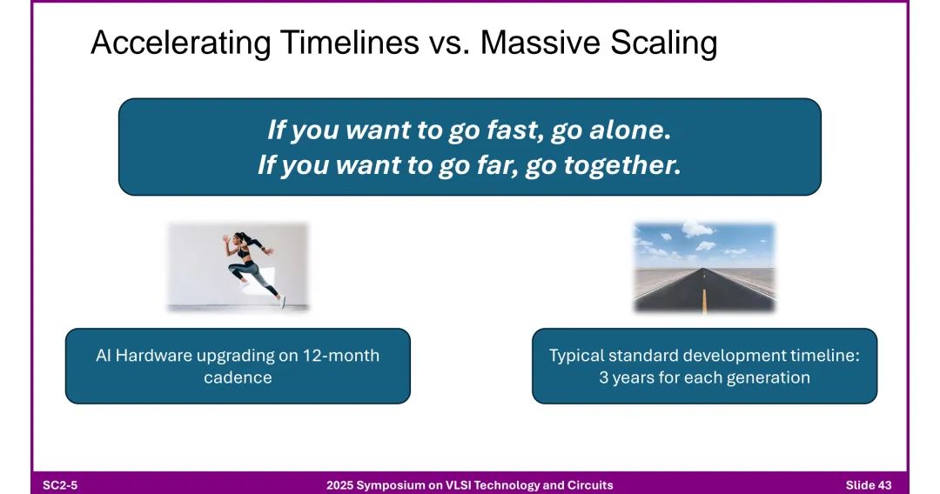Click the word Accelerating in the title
coord(180,43)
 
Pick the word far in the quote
coord(498,164)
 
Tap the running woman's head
coord(241,237)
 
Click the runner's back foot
coord(282,302)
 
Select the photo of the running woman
coord(238,267)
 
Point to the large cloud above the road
coord(698,228)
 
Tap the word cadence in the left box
coord(238,377)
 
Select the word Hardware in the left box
coord(153,355)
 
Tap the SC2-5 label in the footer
coord(60,485)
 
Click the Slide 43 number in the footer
coord(869,485)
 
